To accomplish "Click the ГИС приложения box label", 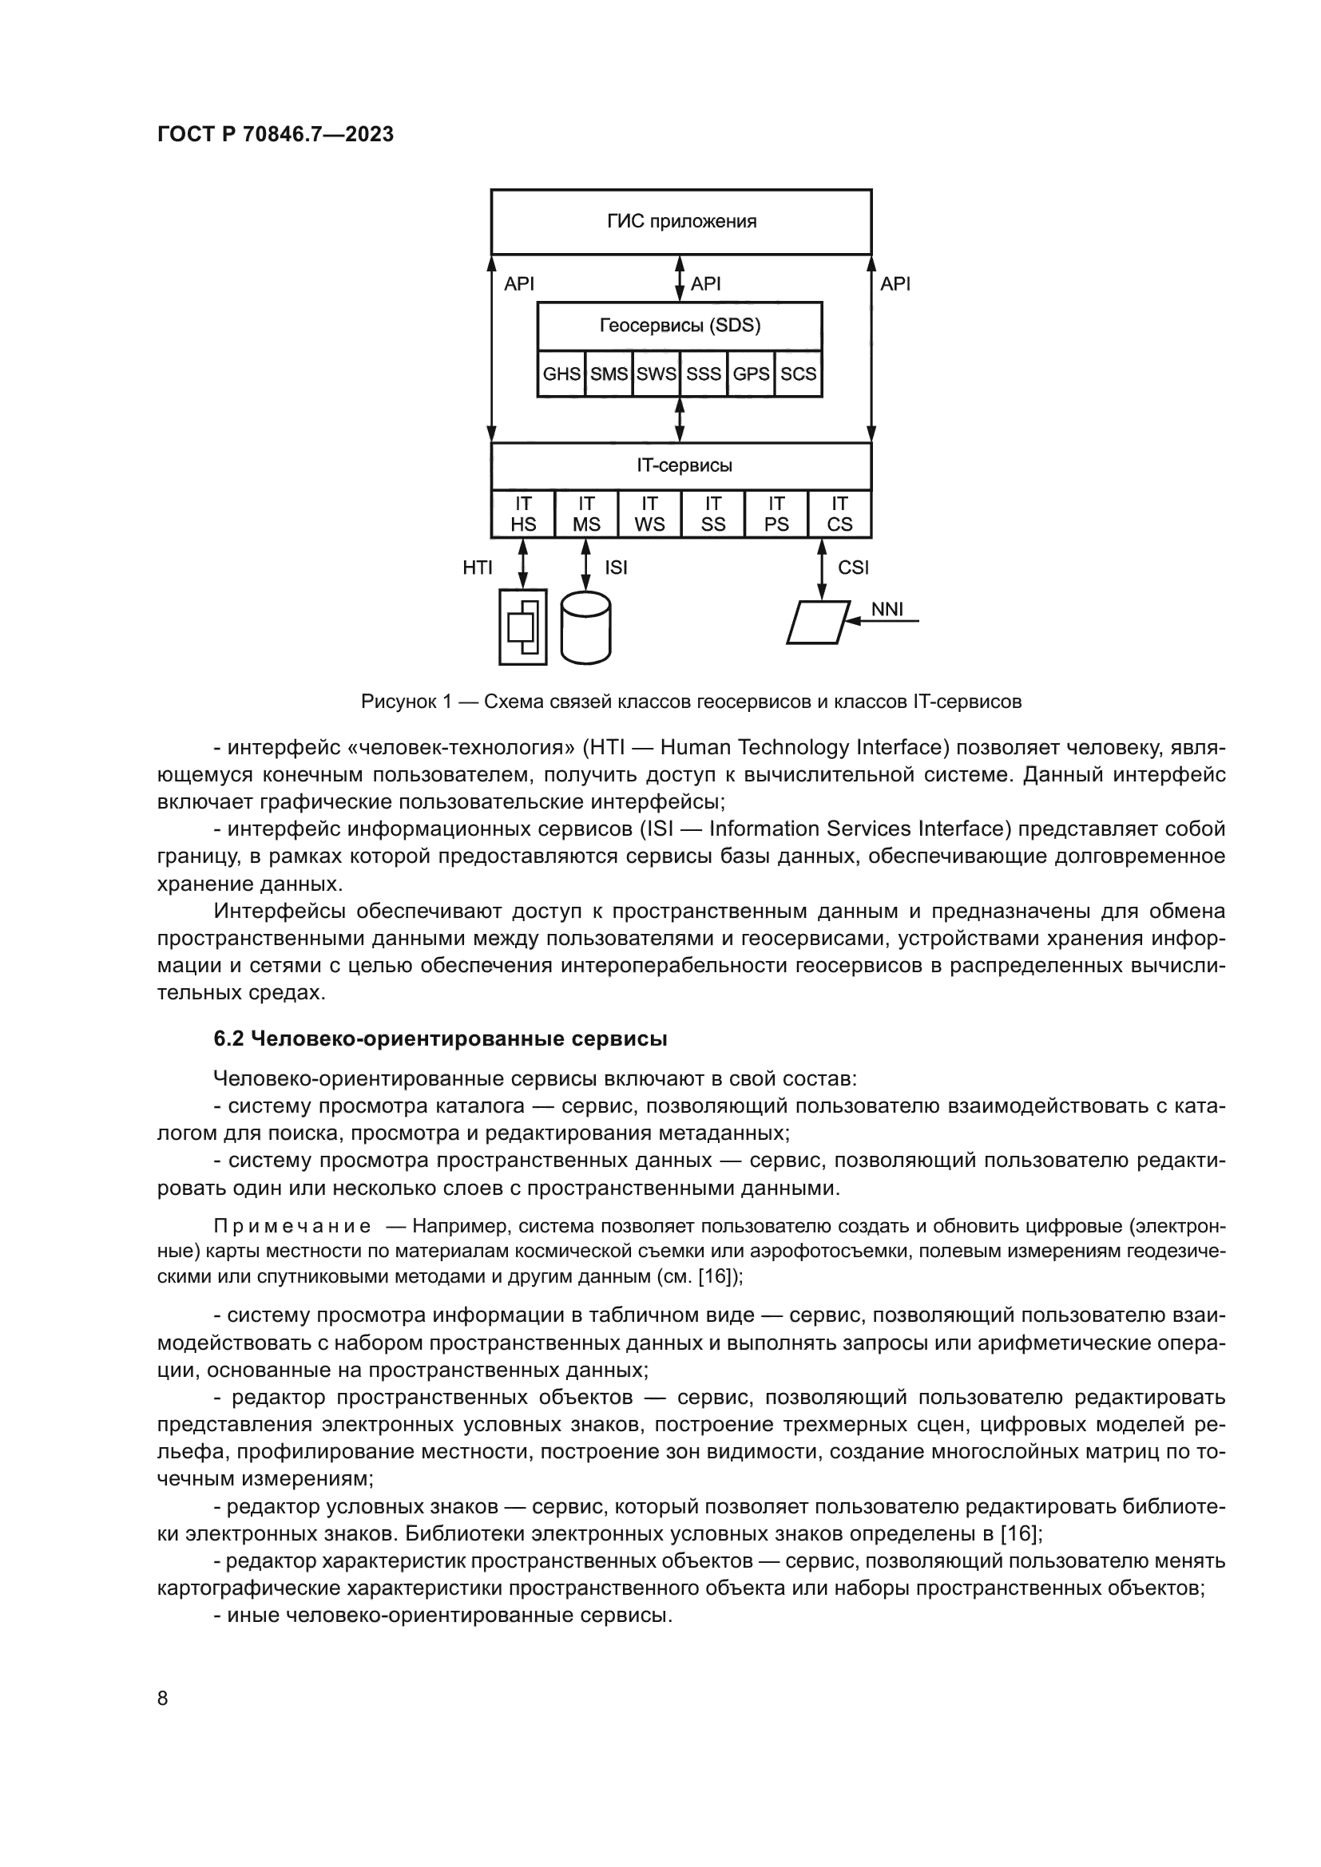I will point(680,221).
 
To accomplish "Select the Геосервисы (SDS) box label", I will point(679,326).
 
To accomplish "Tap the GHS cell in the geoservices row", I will point(561,374).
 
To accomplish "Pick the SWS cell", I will point(657,374).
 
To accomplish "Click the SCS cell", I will point(798,374).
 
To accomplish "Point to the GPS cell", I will point(751,374).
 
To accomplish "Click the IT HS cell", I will point(523,514).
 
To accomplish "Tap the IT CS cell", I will point(839,514).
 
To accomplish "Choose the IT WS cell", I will point(649,514).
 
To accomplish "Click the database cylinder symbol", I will point(585,627).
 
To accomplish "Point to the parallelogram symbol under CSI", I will point(819,622).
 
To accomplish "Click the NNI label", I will point(887,609).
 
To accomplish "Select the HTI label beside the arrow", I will point(478,568).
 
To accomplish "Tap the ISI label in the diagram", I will point(616,568).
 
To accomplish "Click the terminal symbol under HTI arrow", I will point(522,627).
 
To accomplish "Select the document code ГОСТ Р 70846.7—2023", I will point(275,134).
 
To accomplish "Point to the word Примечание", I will point(292,1226).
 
